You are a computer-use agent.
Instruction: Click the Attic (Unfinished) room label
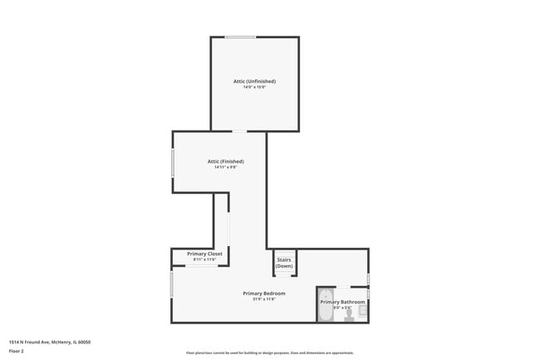point(254,81)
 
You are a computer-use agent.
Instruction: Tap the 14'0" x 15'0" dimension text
point(254,87)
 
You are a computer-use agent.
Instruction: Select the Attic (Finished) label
point(225,160)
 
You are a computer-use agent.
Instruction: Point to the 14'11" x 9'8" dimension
point(225,167)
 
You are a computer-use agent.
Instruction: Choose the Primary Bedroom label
point(264,293)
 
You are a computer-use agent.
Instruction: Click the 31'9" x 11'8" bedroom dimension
point(264,299)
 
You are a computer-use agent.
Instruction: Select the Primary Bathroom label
point(342,301)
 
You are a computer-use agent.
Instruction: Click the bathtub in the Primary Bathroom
point(326,306)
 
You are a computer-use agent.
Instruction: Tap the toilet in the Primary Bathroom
point(350,314)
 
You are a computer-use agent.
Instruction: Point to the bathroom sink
point(363,309)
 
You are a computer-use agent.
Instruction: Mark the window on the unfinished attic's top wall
point(240,37)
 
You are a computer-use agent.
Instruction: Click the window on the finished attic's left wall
point(172,162)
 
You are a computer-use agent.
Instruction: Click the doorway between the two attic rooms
point(239,131)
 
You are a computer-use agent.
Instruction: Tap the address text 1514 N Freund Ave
point(50,341)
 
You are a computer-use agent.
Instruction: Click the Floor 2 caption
point(17,351)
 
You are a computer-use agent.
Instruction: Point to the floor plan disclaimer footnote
point(269,353)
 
